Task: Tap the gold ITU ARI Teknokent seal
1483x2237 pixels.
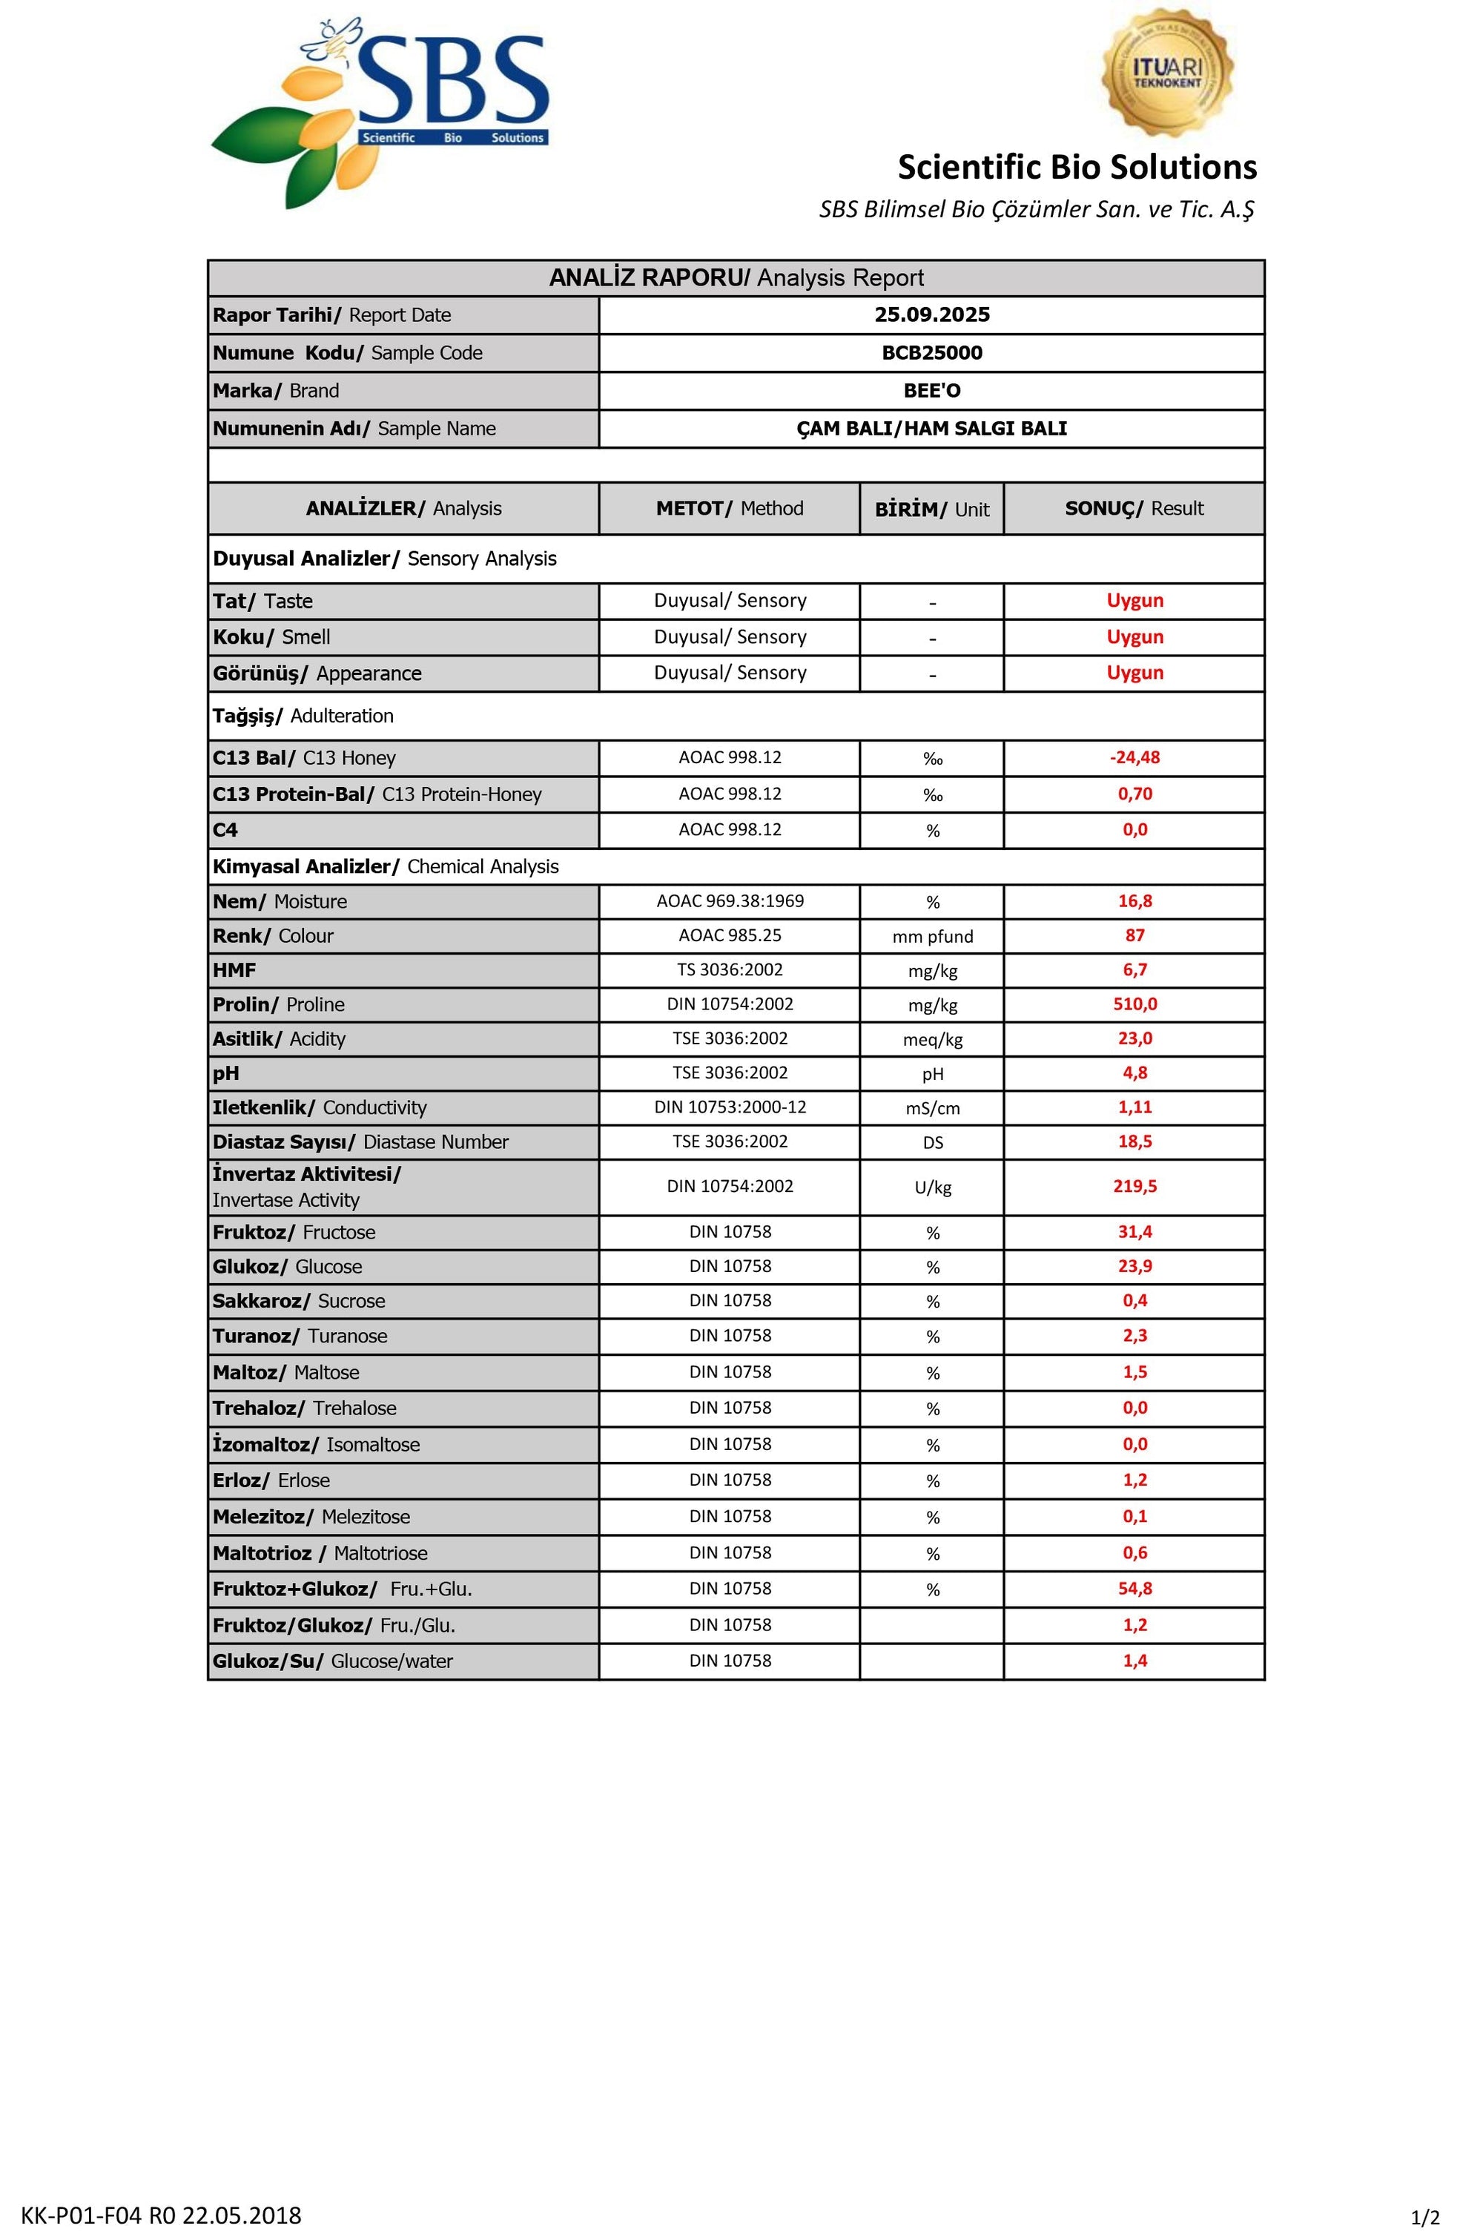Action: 1167,73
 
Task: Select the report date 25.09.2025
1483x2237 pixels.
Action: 931,315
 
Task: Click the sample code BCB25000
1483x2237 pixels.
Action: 931,353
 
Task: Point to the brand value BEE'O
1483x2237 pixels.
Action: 931,391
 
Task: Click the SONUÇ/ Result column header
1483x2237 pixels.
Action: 1134,509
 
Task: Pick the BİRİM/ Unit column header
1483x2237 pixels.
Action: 931,509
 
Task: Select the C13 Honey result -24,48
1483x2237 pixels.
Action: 1135,757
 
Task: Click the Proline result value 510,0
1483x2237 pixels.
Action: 1135,1004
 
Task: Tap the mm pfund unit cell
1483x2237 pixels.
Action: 933,937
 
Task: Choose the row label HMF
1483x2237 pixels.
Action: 234,970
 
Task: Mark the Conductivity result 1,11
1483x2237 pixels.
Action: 1135,1107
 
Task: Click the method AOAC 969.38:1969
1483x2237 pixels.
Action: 730,901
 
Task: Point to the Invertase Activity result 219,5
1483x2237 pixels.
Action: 1135,1187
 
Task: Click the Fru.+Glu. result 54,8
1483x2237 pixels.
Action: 1135,1589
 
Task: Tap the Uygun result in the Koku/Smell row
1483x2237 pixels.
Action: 1135,638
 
